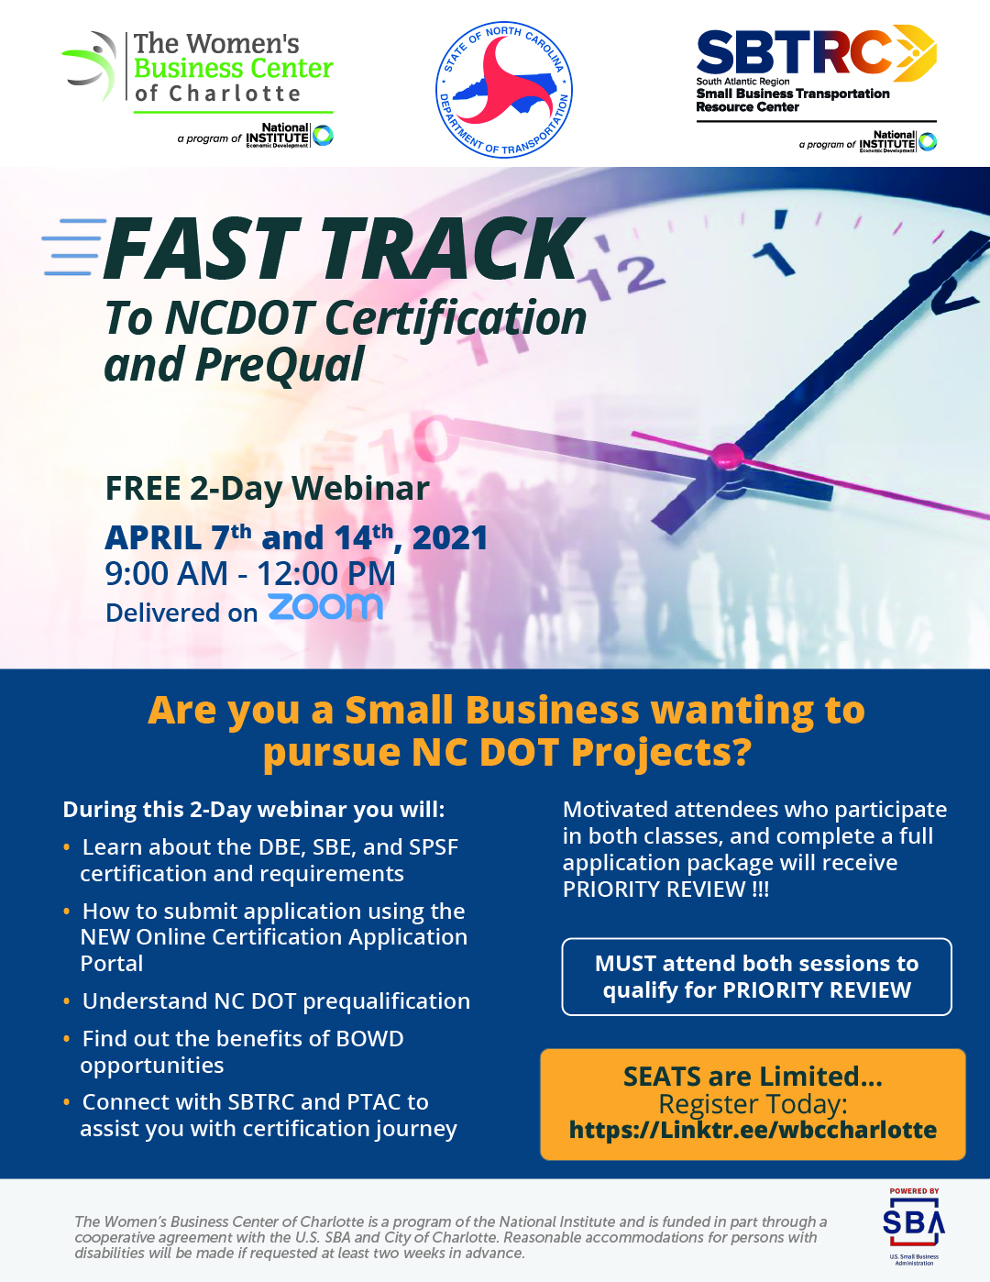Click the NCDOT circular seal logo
coord(503,90)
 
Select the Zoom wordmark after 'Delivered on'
coord(325,607)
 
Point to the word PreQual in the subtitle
coord(280,365)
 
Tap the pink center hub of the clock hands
coord(727,455)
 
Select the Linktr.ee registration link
coord(753,1130)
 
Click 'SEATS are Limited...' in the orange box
coord(753,1077)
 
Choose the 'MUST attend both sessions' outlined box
coord(756,977)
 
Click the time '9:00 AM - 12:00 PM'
coord(250,573)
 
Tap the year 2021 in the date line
coord(450,538)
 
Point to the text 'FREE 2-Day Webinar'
coord(267,489)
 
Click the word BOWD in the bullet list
coord(369,1038)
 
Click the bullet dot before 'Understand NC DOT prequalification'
coord(67,1001)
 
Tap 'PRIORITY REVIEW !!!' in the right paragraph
coord(665,890)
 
